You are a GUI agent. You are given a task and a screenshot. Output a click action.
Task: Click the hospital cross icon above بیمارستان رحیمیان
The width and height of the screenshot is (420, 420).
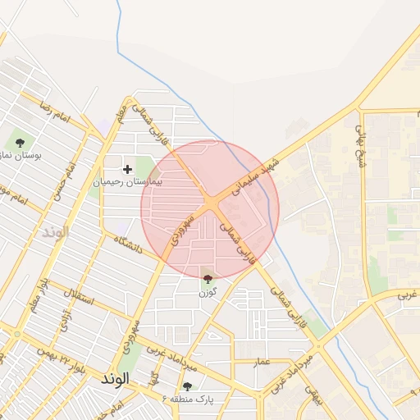click(127, 169)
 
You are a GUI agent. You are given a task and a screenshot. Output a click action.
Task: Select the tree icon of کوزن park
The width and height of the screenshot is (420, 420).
click(206, 280)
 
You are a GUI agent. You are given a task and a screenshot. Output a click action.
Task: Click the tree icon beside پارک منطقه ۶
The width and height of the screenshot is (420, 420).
click(188, 386)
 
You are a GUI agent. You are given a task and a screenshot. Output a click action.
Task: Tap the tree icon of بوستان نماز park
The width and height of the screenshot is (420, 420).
click(20, 143)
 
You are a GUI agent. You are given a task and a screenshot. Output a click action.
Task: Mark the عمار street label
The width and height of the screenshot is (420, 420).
click(262, 362)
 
